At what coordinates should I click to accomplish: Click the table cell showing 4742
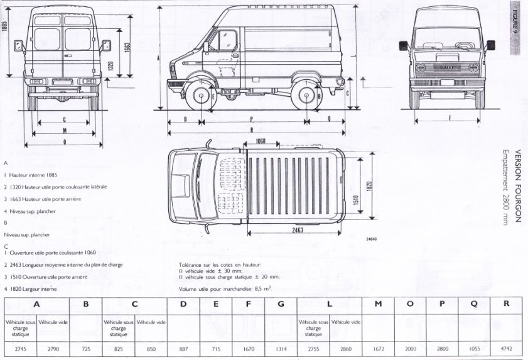point(506,347)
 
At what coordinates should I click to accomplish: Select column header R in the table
point(506,305)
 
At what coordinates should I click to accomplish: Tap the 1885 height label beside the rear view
point(5,28)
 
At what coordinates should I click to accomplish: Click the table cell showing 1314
point(281,347)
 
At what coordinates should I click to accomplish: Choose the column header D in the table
point(183,305)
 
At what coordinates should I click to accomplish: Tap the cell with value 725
point(86,347)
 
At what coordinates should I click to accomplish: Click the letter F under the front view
point(450,117)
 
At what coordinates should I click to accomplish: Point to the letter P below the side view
point(251,117)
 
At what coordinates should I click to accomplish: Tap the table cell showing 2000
point(410,347)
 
